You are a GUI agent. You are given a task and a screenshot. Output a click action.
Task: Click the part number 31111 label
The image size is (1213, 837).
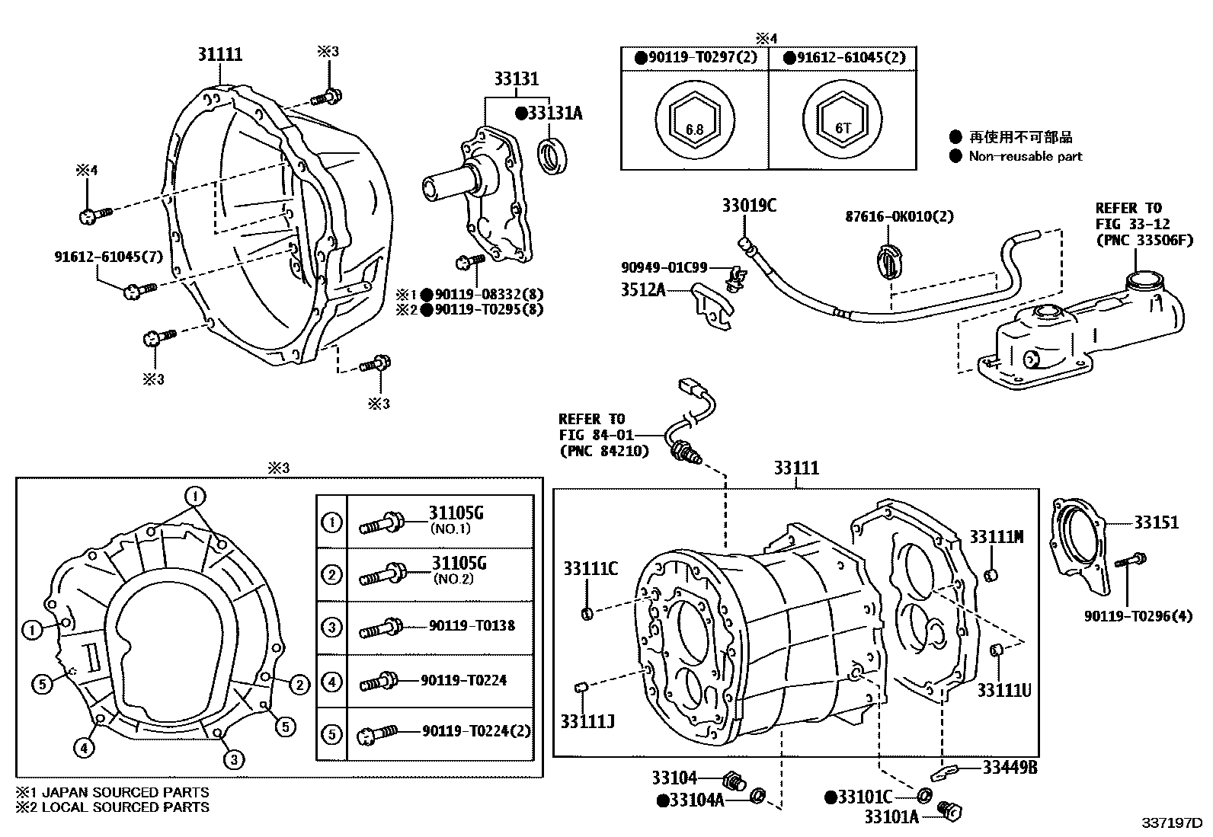[x=219, y=54]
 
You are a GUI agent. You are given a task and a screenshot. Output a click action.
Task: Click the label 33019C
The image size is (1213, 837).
[x=749, y=206]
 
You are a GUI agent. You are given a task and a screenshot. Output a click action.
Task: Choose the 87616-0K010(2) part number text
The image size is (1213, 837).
[x=899, y=216]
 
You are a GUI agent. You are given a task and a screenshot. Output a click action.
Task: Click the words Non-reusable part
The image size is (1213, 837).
[x=1025, y=156]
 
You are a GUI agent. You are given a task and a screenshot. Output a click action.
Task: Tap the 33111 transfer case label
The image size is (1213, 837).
[x=796, y=468]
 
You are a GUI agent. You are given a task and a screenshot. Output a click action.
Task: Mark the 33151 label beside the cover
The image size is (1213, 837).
[x=1155, y=522]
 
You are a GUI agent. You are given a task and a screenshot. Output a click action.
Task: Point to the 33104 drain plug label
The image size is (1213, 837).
[x=674, y=778]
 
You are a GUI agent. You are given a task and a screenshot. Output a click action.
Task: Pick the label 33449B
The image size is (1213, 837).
[x=1009, y=768]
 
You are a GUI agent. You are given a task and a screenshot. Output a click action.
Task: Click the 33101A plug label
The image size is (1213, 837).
[x=891, y=817]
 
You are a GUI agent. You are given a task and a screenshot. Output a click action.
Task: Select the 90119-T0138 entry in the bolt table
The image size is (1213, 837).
[x=472, y=626]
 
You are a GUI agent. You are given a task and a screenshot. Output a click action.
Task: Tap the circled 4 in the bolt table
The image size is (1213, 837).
[x=332, y=681]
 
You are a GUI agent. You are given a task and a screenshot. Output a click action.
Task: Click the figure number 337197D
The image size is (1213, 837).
[x=1170, y=823]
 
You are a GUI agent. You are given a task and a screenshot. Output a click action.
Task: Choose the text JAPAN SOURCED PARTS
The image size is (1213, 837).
[x=125, y=793]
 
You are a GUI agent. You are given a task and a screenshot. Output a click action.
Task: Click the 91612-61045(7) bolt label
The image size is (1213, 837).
[x=108, y=256]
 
